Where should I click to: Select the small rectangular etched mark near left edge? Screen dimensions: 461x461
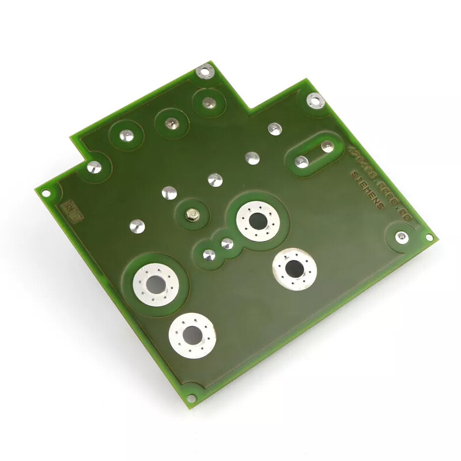73,206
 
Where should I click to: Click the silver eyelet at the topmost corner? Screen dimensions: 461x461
204,71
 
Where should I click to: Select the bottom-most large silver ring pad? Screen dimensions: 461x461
192,335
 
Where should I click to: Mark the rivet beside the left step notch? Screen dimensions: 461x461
94,168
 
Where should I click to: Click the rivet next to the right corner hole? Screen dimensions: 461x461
401,237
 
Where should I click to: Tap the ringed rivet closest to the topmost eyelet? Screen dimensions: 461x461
207,104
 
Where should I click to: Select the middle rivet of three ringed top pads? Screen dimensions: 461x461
171,123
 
